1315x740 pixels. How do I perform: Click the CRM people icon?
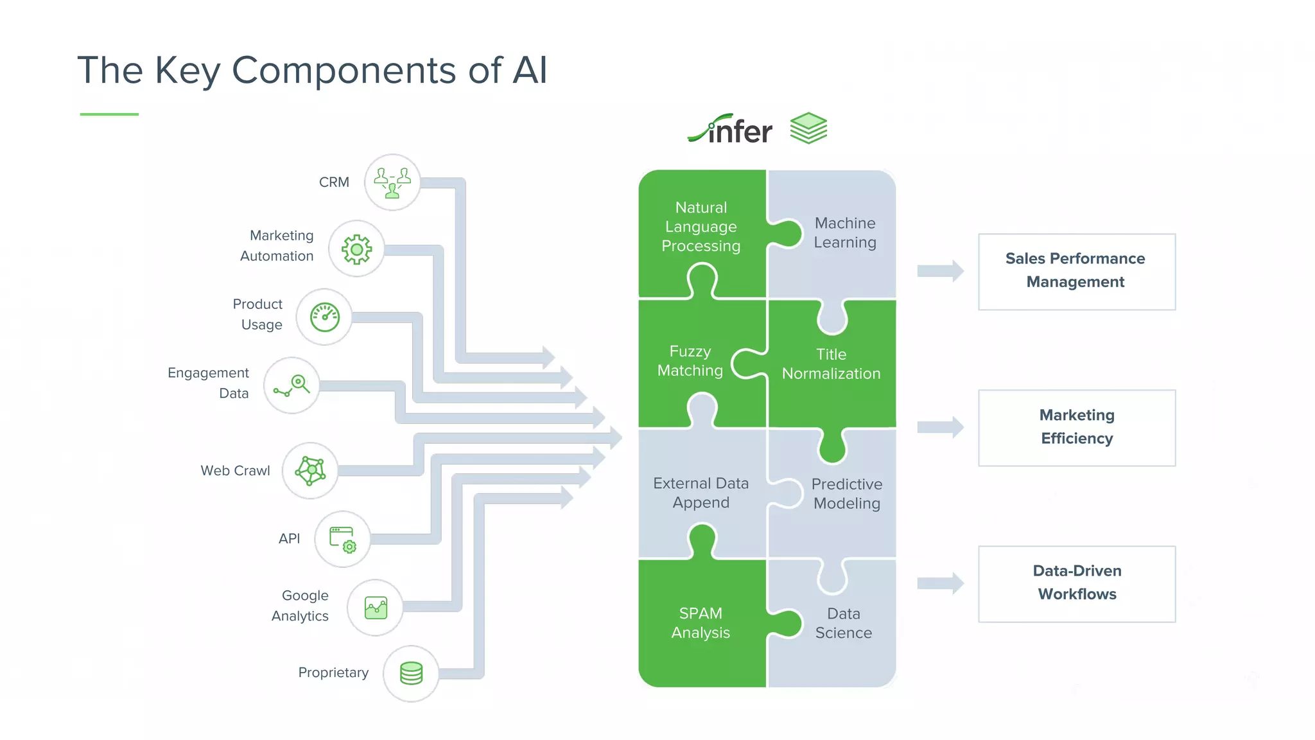pyautogui.click(x=392, y=182)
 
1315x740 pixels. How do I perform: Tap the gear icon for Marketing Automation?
pyautogui.click(x=356, y=249)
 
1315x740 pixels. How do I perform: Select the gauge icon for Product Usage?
pyautogui.click(x=324, y=317)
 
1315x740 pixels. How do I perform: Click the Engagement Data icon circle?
pyautogui.click(x=292, y=385)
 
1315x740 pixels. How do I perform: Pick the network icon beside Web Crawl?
pyautogui.click(x=310, y=471)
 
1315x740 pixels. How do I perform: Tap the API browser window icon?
pyautogui.click(x=342, y=539)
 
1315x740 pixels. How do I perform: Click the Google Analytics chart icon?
pyautogui.click(x=376, y=608)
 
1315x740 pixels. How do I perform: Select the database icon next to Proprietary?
pyautogui.click(x=411, y=673)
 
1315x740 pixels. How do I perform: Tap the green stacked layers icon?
pyautogui.click(x=808, y=128)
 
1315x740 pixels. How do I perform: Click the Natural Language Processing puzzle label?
pyautogui.click(x=701, y=227)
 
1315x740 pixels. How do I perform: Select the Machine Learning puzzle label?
pyautogui.click(x=845, y=233)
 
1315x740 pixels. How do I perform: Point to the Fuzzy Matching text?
pyautogui.click(x=690, y=361)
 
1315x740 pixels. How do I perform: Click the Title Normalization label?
pyautogui.click(x=831, y=364)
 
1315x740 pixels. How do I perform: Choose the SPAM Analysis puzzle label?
pyautogui.click(x=701, y=622)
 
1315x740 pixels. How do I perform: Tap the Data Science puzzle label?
pyautogui.click(x=843, y=623)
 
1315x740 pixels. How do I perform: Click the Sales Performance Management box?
pyautogui.click(x=1076, y=271)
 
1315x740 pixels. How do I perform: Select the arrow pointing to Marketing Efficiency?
pyautogui.click(x=940, y=427)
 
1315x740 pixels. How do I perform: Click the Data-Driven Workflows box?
pyautogui.click(x=1076, y=583)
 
